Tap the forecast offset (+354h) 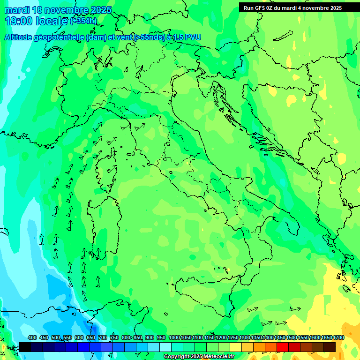coord(84,21)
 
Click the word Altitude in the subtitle coord(21,37)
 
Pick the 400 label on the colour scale coord(32,338)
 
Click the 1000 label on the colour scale coord(174,338)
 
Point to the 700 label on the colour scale coord(102,338)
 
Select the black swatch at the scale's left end coord(25,347)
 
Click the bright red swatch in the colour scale coord(283,347)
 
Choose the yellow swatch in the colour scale coord(236,347)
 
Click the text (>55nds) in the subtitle coord(149,37)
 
